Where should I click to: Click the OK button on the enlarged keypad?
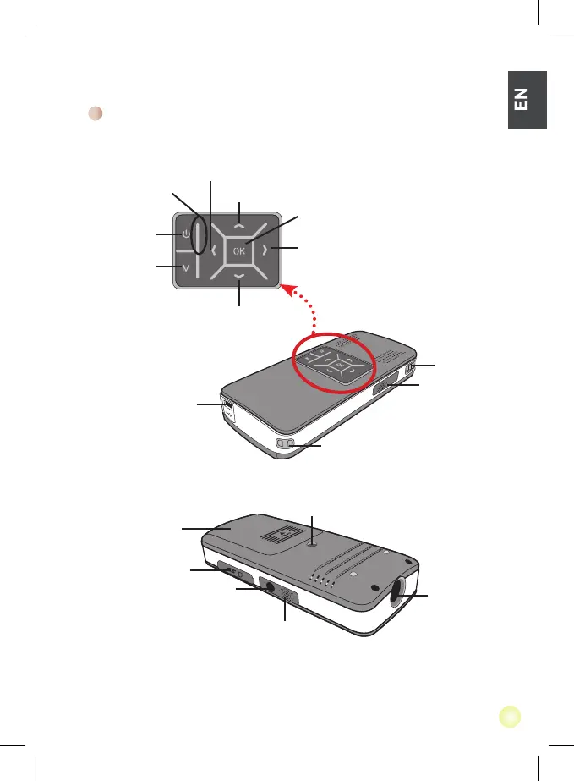240,250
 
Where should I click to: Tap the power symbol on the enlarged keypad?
185,234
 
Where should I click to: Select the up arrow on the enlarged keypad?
240,225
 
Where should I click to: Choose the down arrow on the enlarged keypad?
240,277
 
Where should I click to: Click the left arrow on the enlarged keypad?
215,250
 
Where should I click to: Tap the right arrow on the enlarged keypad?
265,250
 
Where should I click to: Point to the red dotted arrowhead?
288,290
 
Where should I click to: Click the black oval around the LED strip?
198,234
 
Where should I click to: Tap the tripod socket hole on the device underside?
312,546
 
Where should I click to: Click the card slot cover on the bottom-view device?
232,571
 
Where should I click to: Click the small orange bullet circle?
96,114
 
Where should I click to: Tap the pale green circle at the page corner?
509,717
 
